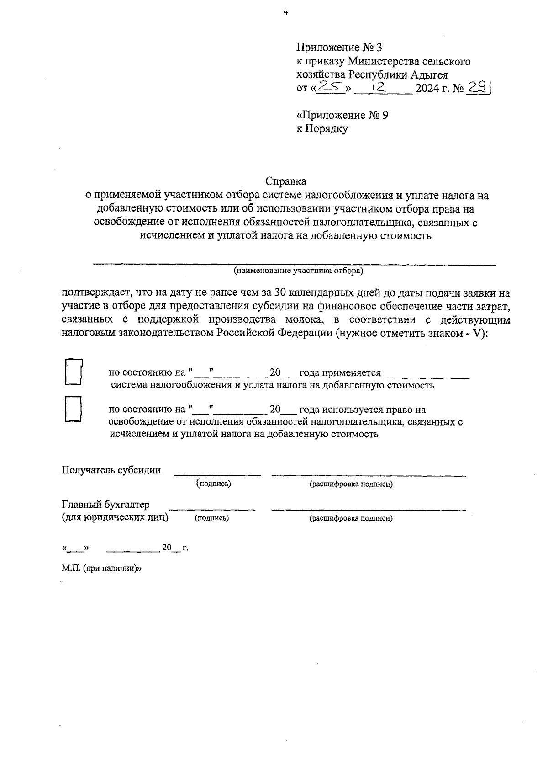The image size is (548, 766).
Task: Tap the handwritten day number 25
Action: [331, 86]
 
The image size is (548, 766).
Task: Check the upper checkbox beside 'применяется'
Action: [73, 372]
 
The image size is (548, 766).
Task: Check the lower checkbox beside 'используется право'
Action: [73, 409]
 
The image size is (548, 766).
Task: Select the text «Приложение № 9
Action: [342, 115]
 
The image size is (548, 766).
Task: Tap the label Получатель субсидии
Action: [111, 470]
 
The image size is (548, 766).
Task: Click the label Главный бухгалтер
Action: [105, 505]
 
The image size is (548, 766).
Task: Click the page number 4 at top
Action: [285, 13]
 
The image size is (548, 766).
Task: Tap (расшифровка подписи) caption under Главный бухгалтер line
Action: [351, 518]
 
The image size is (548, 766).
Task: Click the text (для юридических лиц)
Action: [115, 517]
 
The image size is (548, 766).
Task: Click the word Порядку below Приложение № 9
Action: [327, 129]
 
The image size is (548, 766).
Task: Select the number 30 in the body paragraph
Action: [279, 293]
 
